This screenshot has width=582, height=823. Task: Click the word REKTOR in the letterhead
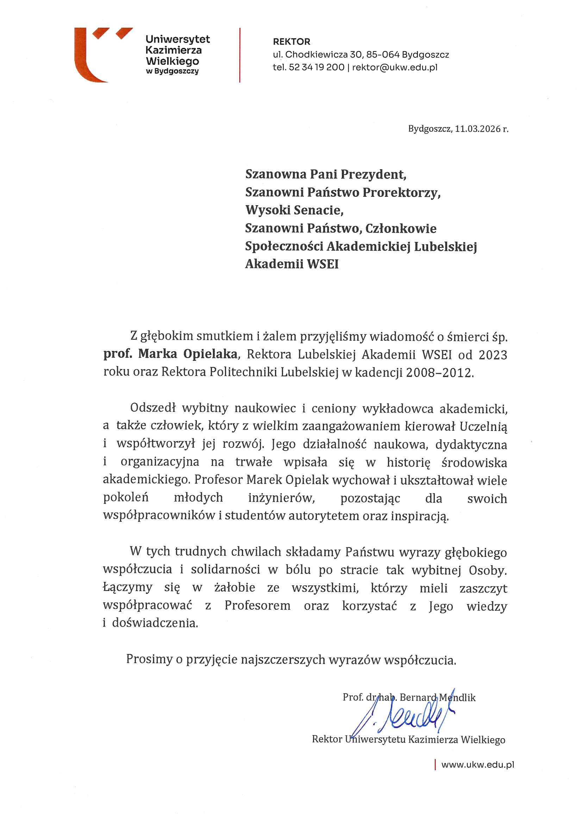pos(291,42)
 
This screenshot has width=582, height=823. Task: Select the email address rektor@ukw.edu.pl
pos(394,67)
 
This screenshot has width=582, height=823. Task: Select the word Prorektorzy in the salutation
pos(401,193)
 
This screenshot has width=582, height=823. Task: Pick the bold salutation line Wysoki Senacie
pos(294,210)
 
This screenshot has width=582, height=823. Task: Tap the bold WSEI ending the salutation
pos(323,264)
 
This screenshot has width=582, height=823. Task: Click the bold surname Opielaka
pos(210,354)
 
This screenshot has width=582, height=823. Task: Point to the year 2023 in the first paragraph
pos(493,355)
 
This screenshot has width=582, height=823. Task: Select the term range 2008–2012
pos(439,373)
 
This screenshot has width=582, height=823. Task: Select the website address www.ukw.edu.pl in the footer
pos(477,765)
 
